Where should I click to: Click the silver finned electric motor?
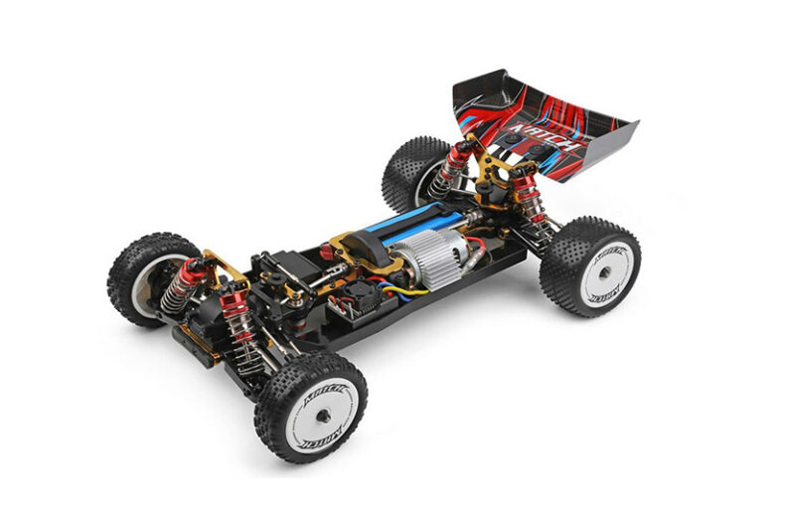click(426, 267)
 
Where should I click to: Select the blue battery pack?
click(403, 225)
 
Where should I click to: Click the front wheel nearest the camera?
click(311, 405)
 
